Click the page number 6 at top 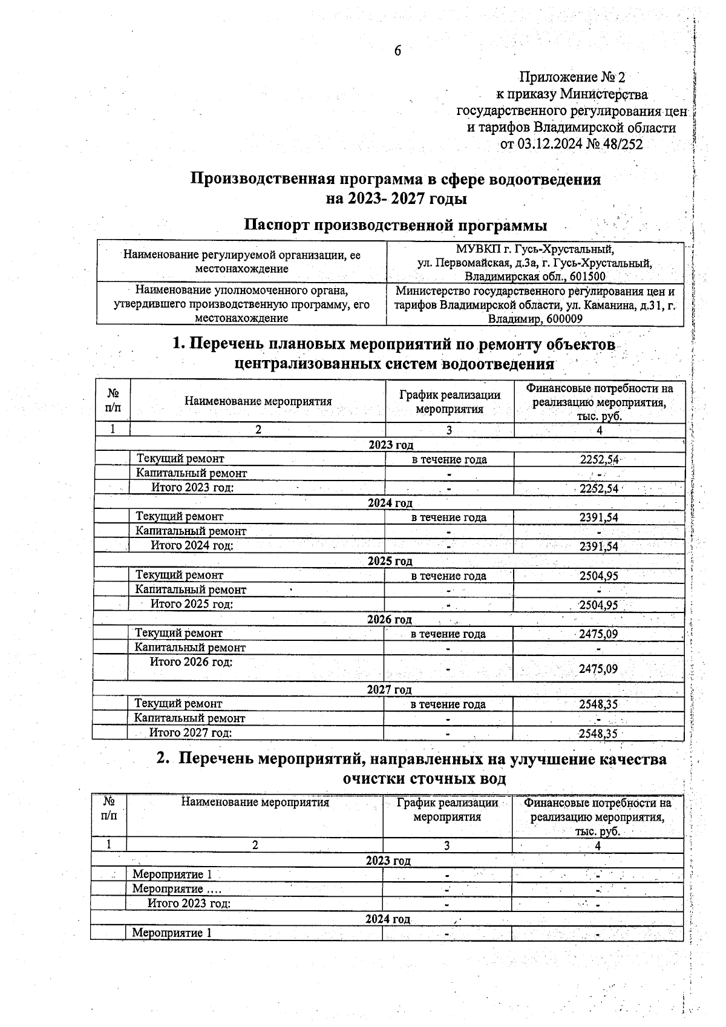pos(397,51)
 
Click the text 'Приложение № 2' pos(572,77)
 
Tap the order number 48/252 pos(623,144)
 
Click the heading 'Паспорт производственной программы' pos(395,225)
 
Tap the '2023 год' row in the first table pos(391,445)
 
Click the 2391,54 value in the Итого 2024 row pos(598,546)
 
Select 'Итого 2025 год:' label pos(191,604)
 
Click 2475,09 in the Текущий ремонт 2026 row pos(598,634)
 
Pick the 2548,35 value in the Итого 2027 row pos(598,733)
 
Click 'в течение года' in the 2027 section pos(448,704)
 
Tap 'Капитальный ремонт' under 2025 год pos(191,589)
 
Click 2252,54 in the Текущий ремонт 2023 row pos(599,459)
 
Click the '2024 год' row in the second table pos(387,919)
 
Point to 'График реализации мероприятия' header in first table pos(450,402)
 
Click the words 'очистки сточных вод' pos(424,778)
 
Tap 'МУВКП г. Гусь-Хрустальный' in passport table pos(535,249)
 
